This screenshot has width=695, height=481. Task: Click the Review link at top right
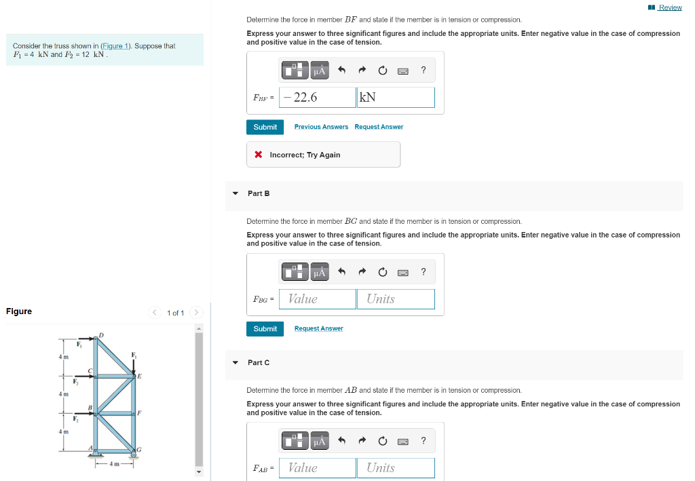pos(669,7)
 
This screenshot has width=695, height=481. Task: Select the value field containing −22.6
pos(317,97)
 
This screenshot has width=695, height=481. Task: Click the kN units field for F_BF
pos(396,97)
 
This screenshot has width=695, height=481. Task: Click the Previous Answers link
pos(321,127)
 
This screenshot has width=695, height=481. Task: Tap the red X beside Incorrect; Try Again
pos(259,155)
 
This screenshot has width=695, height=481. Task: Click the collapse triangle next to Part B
pos(236,193)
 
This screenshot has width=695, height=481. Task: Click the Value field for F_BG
pos(317,299)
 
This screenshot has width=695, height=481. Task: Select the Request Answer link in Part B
pos(318,328)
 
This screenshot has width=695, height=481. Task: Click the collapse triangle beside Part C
pos(236,362)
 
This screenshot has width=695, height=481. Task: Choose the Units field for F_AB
pos(396,467)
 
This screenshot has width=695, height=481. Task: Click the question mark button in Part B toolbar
pos(424,272)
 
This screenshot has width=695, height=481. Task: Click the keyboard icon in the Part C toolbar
pos(403,441)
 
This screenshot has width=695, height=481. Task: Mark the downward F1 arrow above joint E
pos(134,363)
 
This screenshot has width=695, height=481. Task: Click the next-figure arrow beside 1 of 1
pos(197,313)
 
